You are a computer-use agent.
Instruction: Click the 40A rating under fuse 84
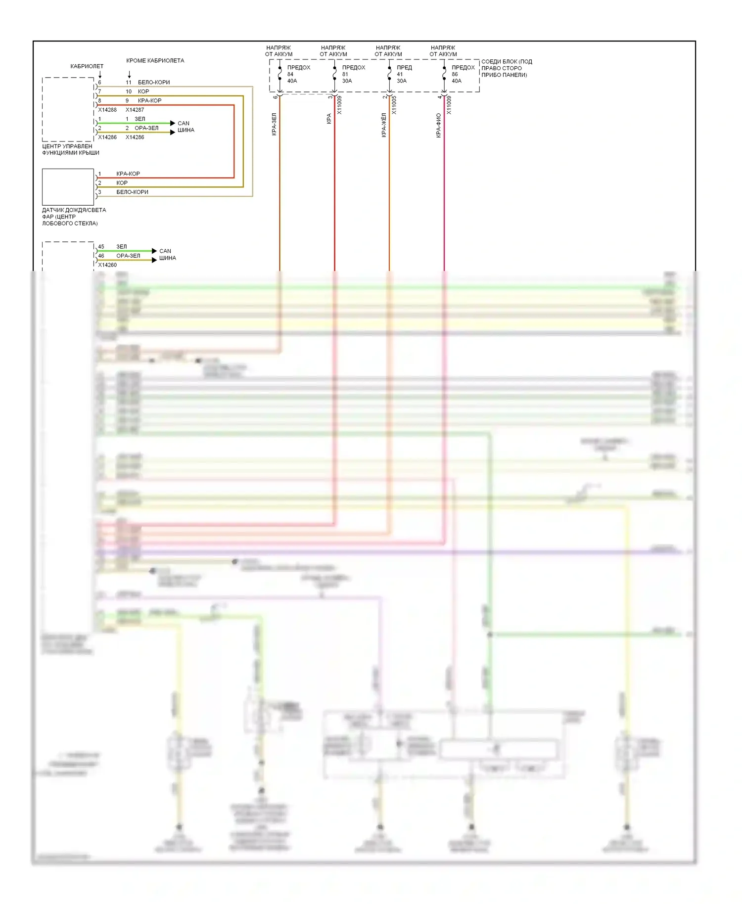292,81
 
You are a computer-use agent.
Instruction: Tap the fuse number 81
345,74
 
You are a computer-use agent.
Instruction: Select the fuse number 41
400,74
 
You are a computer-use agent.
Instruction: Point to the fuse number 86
455,74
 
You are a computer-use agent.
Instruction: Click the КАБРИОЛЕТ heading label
87,66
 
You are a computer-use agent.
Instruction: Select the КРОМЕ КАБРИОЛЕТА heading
155,61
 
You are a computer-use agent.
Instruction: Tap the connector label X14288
107,110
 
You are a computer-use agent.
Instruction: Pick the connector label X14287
135,110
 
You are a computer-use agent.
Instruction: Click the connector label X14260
107,265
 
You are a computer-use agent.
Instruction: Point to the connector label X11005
394,105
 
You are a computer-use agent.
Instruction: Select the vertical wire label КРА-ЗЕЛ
274,124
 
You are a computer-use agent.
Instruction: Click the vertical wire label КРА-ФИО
438,126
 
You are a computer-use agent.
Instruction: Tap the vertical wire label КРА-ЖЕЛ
383,125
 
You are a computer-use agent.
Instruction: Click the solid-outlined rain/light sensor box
68,187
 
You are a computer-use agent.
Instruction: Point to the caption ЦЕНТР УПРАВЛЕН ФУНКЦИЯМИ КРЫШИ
70,149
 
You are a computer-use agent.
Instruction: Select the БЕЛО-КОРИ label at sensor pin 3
132,192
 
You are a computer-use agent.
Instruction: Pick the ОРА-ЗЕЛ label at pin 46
128,256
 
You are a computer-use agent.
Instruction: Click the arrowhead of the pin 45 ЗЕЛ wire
154,251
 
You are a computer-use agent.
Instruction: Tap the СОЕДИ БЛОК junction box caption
506,68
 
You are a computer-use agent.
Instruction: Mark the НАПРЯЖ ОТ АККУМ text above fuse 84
278,51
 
